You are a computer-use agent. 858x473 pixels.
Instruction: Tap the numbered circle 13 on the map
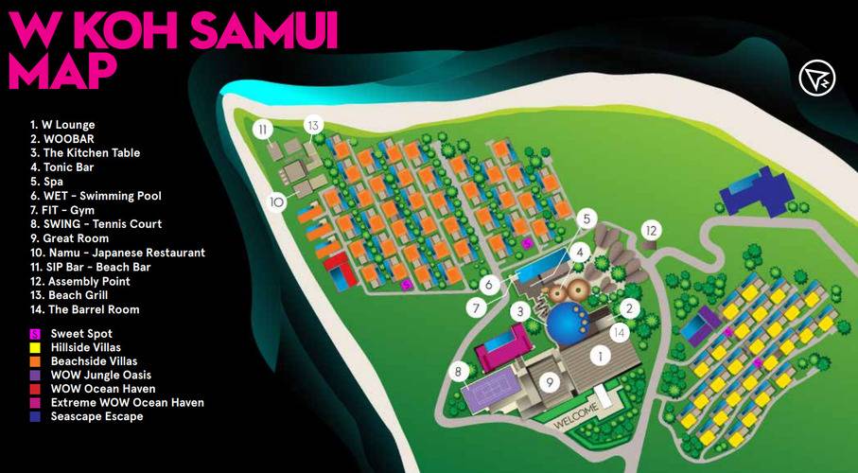click(x=314, y=125)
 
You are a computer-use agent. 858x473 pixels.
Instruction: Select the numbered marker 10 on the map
click(x=277, y=201)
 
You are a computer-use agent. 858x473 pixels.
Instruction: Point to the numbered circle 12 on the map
click(x=651, y=229)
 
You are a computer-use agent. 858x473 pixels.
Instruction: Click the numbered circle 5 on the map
click(x=587, y=219)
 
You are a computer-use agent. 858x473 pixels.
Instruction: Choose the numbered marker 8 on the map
click(x=459, y=372)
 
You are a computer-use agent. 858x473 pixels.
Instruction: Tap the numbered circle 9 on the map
click(x=547, y=382)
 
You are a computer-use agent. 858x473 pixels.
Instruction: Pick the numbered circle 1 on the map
click(x=597, y=357)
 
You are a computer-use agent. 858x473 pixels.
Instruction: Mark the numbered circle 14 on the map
click(x=619, y=332)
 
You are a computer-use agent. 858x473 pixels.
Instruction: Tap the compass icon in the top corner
click(x=816, y=79)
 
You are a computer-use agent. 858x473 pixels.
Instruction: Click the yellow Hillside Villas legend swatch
click(x=35, y=347)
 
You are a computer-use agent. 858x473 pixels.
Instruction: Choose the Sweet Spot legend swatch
click(x=35, y=334)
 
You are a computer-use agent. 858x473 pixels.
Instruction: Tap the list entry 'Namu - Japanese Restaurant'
click(x=117, y=253)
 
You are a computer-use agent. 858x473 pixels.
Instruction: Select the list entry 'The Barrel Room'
click(x=84, y=309)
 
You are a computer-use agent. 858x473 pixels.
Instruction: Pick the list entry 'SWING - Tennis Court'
click(x=96, y=224)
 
